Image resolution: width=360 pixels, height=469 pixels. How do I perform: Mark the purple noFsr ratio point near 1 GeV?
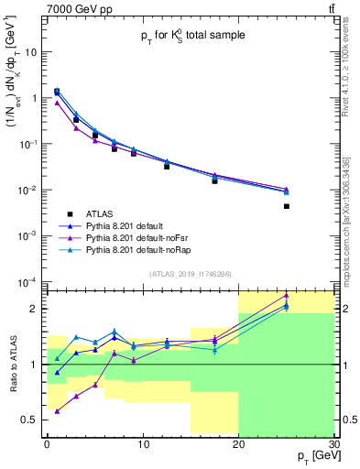pyautogui.click(x=57, y=411)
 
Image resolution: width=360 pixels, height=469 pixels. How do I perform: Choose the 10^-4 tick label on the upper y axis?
pyautogui.click(x=27, y=281)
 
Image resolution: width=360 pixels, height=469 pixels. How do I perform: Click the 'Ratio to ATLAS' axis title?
pyautogui.click(x=12, y=364)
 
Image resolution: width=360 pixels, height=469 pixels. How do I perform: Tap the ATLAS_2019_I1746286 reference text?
pyautogui.click(x=190, y=273)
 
